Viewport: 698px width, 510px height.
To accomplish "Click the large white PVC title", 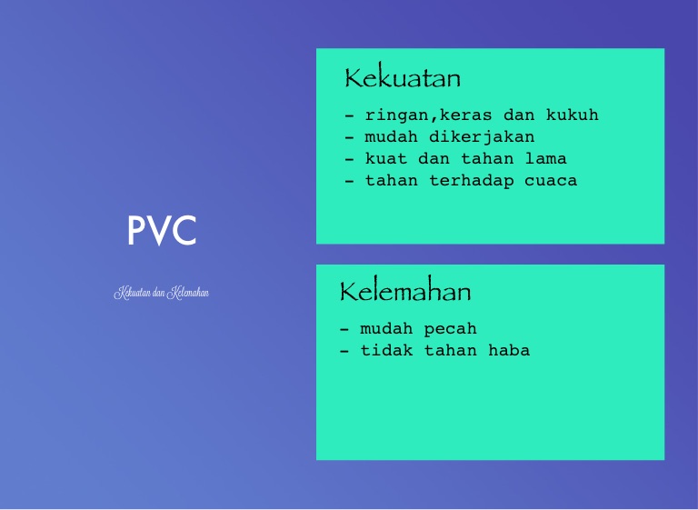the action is click(x=162, y=230).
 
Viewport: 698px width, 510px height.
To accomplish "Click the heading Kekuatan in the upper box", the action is click(x=403, y=77).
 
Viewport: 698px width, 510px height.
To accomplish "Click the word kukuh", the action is click(x=572, y=115).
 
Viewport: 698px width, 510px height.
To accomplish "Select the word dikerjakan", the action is click(x=482, y=137).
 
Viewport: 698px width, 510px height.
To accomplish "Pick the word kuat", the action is click(x=386, y=158).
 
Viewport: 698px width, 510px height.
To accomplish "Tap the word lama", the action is click(x=545, y=158).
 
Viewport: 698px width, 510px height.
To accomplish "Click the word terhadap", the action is click(x=471, y=181).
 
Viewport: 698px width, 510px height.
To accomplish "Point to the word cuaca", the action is click(x=551, y=181).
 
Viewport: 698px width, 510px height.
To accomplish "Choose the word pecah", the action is click(x=450, y=330).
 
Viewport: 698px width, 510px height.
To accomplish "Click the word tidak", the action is click(x=386, y=350).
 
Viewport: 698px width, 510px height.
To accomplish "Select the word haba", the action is click(x=509, y=350).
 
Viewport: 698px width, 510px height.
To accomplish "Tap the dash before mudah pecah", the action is click(x=344, y=330).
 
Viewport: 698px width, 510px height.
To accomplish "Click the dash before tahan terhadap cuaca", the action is click(x=349, y=182).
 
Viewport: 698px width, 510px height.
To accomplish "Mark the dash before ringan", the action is click(x=349, y=115).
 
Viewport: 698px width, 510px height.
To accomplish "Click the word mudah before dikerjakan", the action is click(x=392, y=136).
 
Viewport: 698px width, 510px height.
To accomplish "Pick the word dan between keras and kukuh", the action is click(x=519, y=115).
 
